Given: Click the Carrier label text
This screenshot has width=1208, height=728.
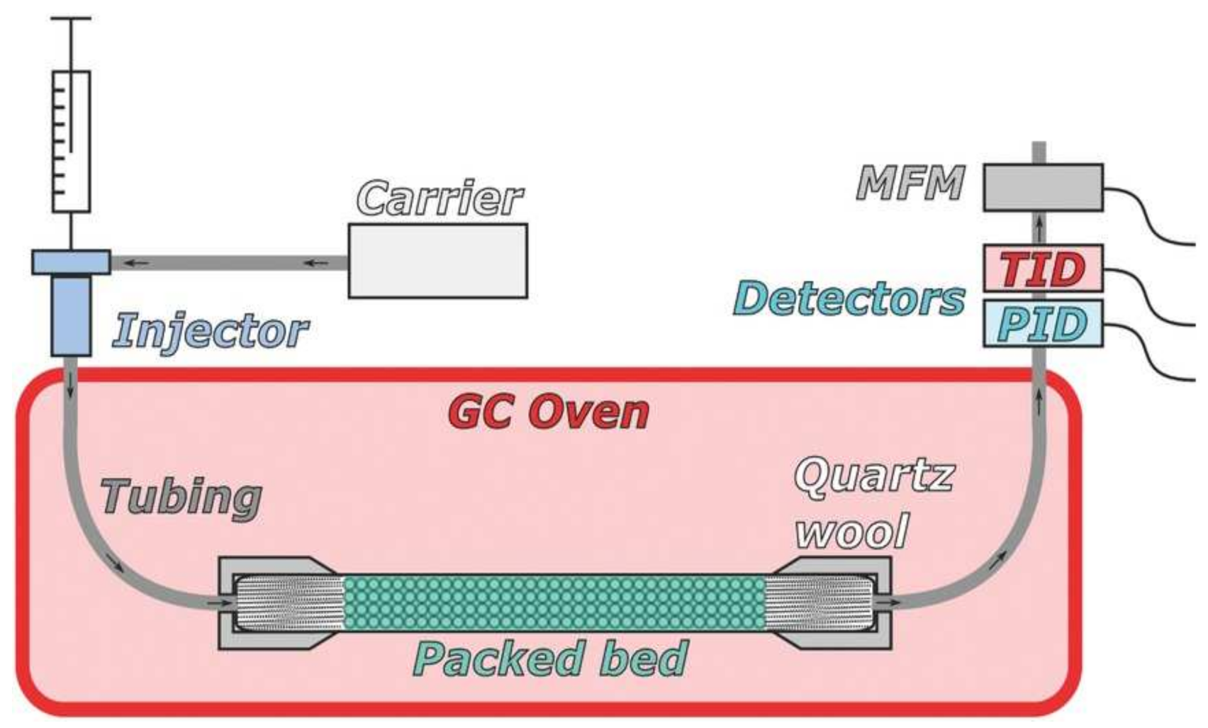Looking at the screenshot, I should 440,198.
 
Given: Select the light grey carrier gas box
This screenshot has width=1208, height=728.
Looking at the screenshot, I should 437,261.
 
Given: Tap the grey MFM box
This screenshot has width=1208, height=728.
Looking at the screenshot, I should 1043,188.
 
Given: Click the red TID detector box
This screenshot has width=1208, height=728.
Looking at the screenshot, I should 1043,269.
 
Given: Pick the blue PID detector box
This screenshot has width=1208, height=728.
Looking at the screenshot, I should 1043,324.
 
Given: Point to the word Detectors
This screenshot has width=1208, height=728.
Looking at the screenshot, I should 849,299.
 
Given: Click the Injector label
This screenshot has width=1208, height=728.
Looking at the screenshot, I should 210,331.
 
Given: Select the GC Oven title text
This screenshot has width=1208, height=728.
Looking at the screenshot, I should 549,411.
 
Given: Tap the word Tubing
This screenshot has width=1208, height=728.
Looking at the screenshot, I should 181,497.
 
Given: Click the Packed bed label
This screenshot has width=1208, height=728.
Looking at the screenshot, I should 550,659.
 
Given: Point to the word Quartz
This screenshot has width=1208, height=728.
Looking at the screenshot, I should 874,476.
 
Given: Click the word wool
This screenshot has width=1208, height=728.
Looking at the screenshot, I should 851,532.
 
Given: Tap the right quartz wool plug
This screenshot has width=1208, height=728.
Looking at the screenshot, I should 819,603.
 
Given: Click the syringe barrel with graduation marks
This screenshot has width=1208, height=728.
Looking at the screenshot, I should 71,142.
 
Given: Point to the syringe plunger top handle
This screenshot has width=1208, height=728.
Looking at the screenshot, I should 71,19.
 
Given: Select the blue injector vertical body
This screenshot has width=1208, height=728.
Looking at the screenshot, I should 71,315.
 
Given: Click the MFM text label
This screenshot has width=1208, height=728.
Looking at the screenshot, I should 910,184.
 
